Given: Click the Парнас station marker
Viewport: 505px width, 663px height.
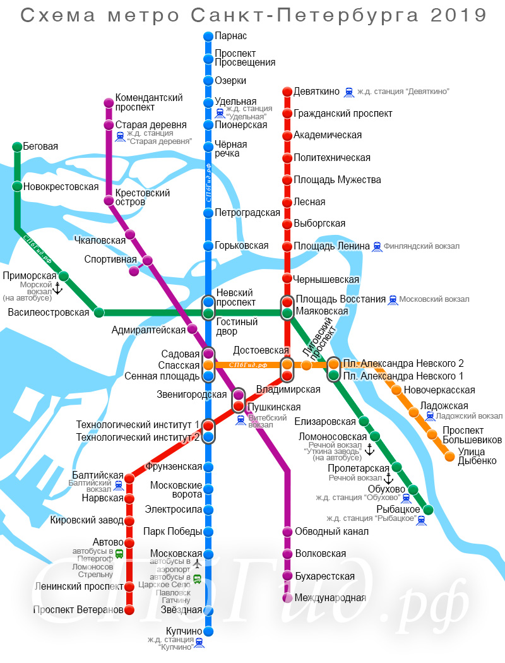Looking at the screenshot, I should (208, 37).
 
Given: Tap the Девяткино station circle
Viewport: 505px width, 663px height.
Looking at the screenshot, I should (287, 92).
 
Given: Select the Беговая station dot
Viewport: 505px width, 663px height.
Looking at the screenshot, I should (16, 147).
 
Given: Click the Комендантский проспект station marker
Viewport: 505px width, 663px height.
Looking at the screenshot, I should (109, 103).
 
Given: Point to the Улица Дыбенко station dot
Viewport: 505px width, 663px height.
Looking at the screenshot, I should (449, 456).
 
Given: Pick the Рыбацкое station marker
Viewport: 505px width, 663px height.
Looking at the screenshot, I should (429, 510).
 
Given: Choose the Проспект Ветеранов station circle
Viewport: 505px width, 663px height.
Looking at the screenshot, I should (129, 610).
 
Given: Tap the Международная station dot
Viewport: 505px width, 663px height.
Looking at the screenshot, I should (287, 597).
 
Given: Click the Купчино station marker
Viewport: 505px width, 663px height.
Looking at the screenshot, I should (208, 631).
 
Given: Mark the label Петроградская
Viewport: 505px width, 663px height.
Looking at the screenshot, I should (247, 213).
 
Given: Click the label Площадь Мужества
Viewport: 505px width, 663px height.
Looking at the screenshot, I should (337, 180).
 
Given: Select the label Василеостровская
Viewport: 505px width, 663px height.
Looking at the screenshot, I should (49, 312).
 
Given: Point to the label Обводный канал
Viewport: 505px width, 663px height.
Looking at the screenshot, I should (331, 532).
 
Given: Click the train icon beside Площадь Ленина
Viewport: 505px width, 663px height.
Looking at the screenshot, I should (377, 246).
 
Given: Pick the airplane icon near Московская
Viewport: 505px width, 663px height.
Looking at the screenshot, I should (198, 563).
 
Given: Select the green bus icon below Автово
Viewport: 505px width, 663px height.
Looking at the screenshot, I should (119, 553).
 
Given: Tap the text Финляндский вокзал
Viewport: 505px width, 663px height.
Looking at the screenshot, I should (421, 246).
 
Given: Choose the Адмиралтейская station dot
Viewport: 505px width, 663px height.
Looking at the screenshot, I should (193, 328).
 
